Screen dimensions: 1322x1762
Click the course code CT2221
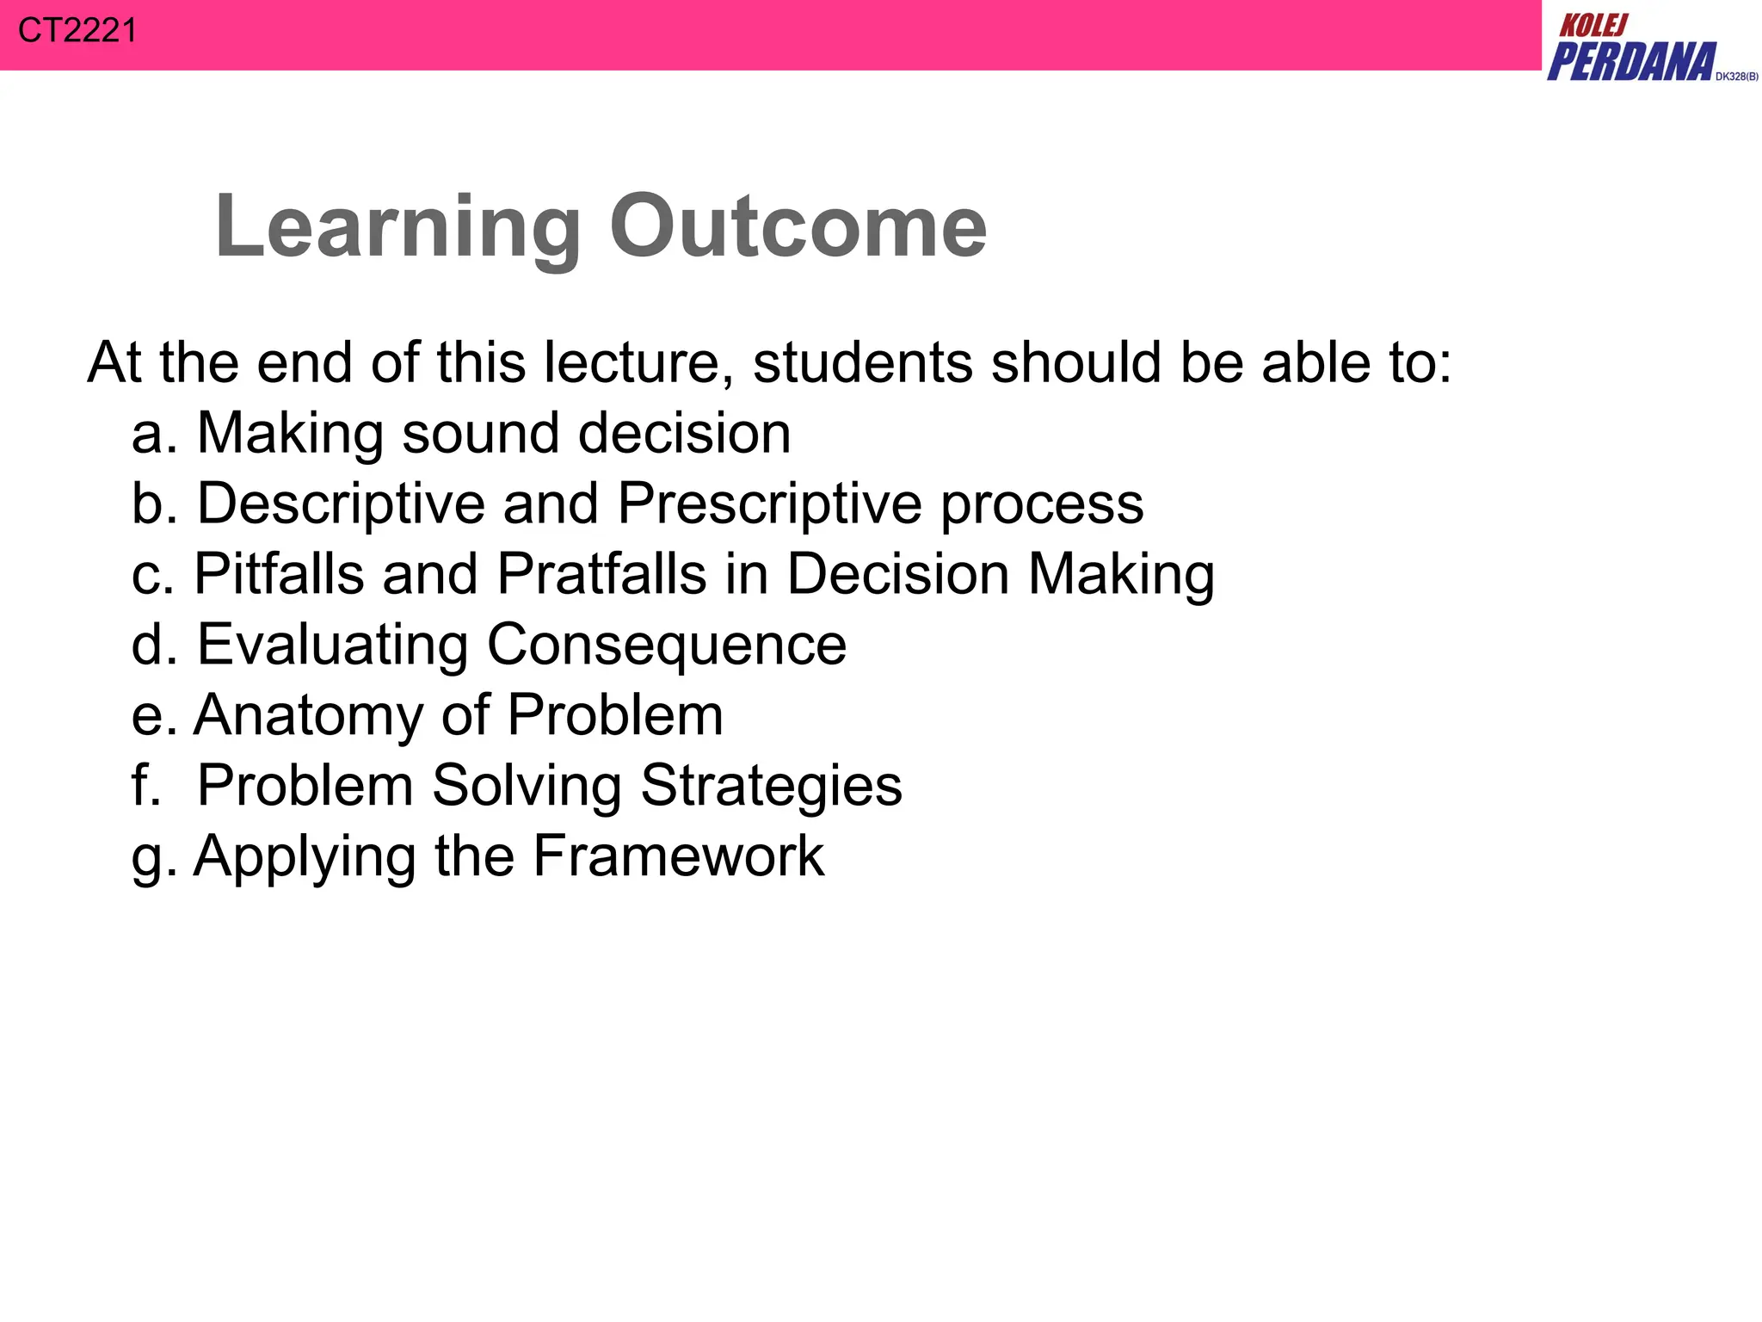[x=77, y=31]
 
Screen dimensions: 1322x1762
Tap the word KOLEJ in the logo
[x=1593, y=26]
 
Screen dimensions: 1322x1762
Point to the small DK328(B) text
[x=1736, y=77]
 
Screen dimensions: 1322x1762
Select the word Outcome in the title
[x=798, y=225]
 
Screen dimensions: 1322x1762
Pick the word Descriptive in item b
[x=341, y=504]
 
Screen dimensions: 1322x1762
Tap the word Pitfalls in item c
[x=279, y=573]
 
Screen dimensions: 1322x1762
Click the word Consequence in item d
[x=667, y=646]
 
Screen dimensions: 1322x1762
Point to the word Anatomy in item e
[x=307, y=716]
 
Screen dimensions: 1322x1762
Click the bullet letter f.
[x=143, y=785]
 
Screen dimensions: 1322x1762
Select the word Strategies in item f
[x=771, y=787]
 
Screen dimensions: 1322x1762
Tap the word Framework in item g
[x=678, y=856]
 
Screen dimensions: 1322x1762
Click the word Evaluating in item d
[x=332, y=646]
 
